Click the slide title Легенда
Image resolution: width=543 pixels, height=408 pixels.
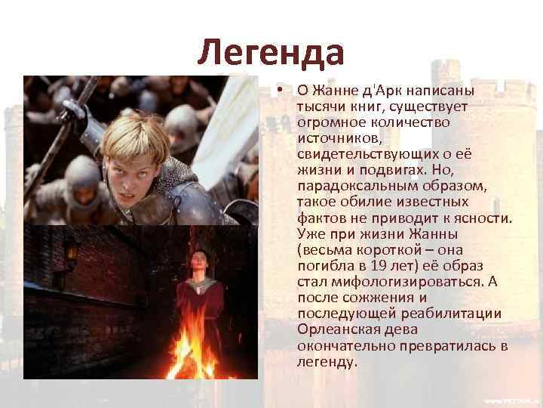coord(271,53)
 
